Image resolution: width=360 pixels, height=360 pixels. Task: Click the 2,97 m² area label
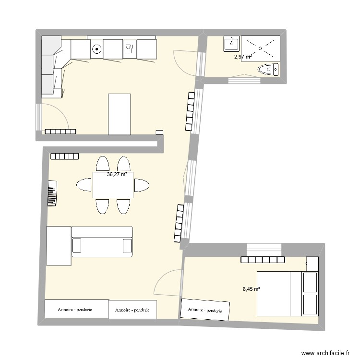click(242, 57)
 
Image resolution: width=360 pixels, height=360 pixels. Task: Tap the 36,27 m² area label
click(117, 175)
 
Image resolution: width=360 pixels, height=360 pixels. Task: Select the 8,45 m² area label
click(251, 289)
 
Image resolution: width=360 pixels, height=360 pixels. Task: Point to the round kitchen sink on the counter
click(96, 48)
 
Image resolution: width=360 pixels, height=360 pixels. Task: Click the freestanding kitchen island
click(120, 114)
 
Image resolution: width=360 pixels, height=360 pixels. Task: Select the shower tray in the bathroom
click(260, 48)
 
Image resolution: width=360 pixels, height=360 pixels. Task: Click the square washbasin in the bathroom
click(231, 44)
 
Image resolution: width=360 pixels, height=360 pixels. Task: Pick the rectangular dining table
click(113, 185)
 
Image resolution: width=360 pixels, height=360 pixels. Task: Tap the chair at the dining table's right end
click(142, 185)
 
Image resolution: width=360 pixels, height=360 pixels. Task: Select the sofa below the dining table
click(102, 242)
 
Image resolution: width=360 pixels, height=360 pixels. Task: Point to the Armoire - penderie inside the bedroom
click(205, 310)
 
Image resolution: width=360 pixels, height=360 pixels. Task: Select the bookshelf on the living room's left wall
click(52, 193)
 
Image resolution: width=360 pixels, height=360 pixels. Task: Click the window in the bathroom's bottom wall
click(245, 80)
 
